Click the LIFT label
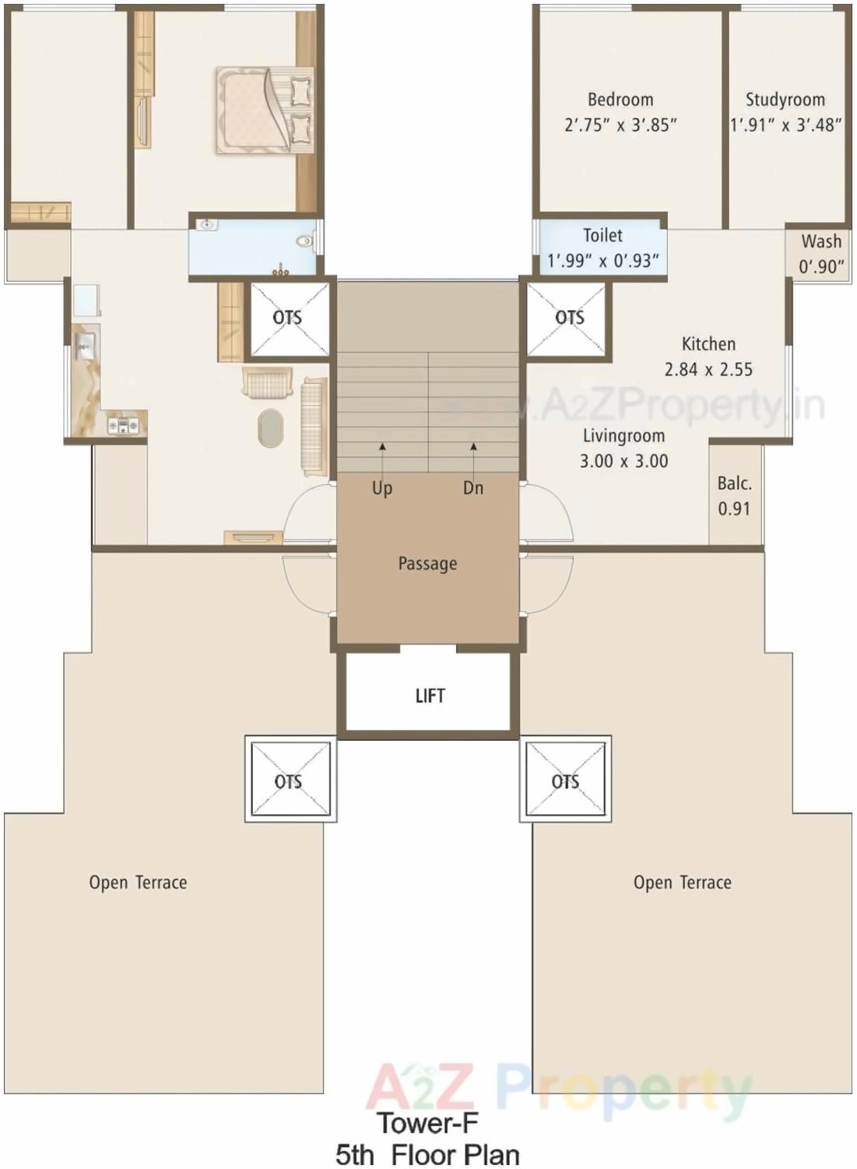(430, 696)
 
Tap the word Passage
(427, 563)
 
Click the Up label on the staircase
(382, 488)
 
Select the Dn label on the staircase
(473, 488)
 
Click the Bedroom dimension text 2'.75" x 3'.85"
(620, 125)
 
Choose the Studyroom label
(785, 100)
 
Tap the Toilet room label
(602, 235)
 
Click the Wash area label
(821, 241)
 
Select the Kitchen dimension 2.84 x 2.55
(708, 369)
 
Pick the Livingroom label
(623, 436)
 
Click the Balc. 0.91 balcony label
(734, 496)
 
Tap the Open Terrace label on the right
(682, 883)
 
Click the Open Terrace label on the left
(138, 883)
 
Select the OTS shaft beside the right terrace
(565, 780)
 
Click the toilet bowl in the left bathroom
(306, 240)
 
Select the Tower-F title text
(427, 1123)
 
